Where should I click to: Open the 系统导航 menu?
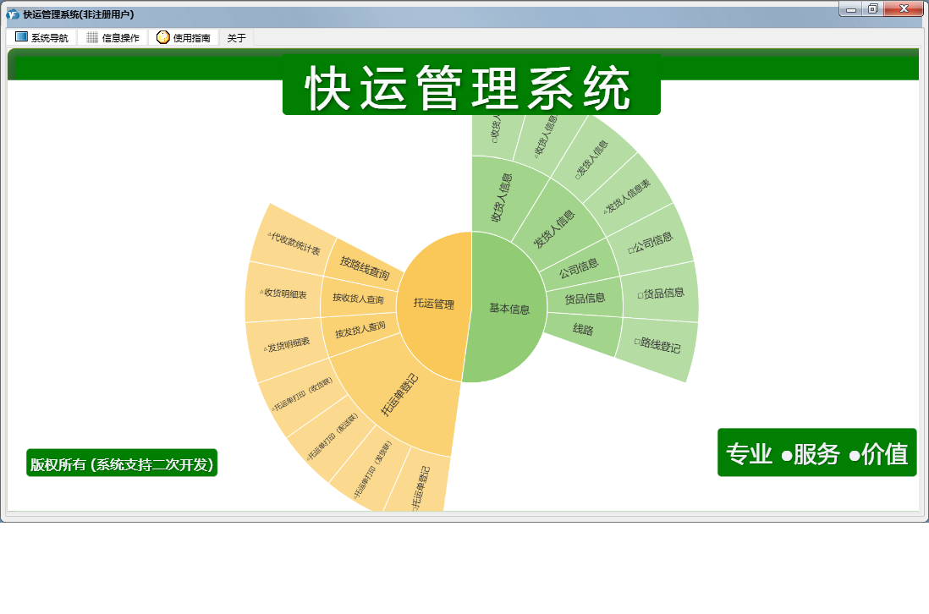[x=41, y=38]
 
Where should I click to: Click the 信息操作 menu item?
[x=113, y=38]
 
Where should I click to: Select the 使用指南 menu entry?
[x=184, y=38]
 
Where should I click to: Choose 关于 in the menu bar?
[x=237, y=38]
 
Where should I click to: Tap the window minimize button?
[x=850, y=8]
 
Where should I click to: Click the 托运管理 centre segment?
[x=433, y=304]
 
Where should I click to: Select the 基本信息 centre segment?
[x=508, y=309]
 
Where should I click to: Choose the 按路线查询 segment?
[x=365, y=267]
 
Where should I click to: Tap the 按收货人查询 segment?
[x=357, y=299]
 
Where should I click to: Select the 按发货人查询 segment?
[x=360, y=327]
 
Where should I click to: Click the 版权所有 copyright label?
[x=122, y=463]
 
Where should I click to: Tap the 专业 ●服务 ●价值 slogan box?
[x=816, y=453]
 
